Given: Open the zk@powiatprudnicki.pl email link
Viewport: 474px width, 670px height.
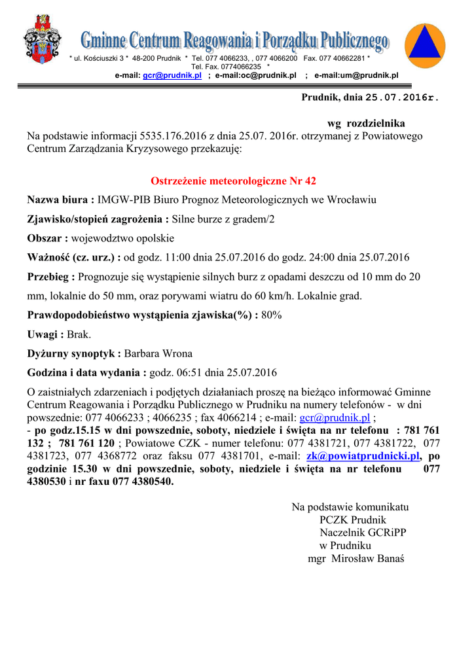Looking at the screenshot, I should pyautogui.click(x=363, y=456).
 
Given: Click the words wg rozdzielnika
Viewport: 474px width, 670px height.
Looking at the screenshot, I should pyautogui.click(x=366, y=123).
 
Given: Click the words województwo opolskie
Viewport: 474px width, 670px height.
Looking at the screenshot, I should pyautogui.click(x=122, y=238).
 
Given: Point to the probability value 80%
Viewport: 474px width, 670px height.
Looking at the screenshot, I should pyautogui.click(x=272, y=315).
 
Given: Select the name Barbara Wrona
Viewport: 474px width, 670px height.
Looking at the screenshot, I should pyautogui.click(x=158, y=354).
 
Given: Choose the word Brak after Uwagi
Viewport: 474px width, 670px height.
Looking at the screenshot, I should pyautogui.click(x=79, y=334).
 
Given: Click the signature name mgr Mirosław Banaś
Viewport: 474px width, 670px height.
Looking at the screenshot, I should pyautogui.click(x=356, y=558).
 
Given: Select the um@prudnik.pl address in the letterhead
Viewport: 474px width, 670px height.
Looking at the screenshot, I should pyautogui.click(x=371, y=76).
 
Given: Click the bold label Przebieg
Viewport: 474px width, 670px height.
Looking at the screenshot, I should pyautogui.click(x=49, y=277).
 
